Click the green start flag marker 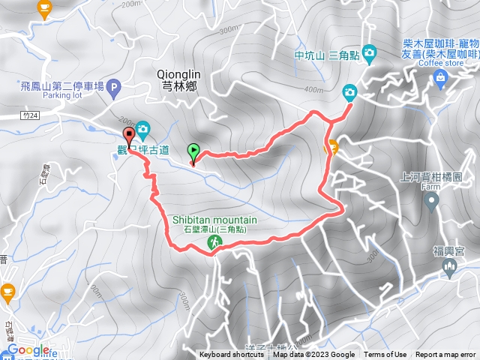193,151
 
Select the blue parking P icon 114,88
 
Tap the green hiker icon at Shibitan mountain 214,241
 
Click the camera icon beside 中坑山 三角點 369,53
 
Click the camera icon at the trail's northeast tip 349,92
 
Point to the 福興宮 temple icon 450,268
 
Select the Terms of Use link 385,355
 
